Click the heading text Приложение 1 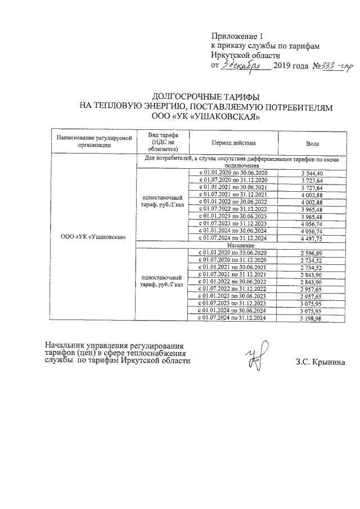click(236, 36)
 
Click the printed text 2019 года click(290, 66)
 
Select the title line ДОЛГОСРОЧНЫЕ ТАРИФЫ click(206, 97)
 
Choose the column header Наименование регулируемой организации click(92, 141)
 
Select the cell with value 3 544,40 click(312, 172)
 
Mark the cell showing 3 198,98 click(312, 318)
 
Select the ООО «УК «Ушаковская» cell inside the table click(92, 236)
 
